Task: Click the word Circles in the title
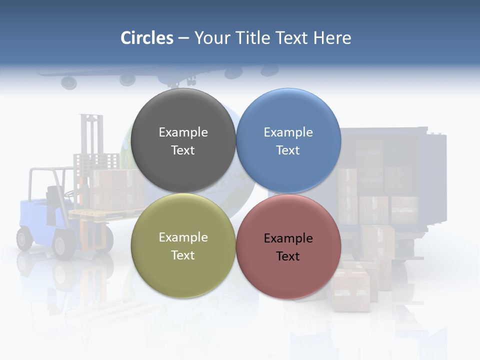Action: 147,38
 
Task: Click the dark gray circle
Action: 183,140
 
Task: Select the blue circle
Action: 288,140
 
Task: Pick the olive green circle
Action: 183,246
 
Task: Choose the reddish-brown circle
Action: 288,246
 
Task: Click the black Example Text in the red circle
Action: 288,247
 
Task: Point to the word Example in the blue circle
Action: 288,132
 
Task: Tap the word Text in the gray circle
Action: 183,150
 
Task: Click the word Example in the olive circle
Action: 183,237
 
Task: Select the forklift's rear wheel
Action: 24,238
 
